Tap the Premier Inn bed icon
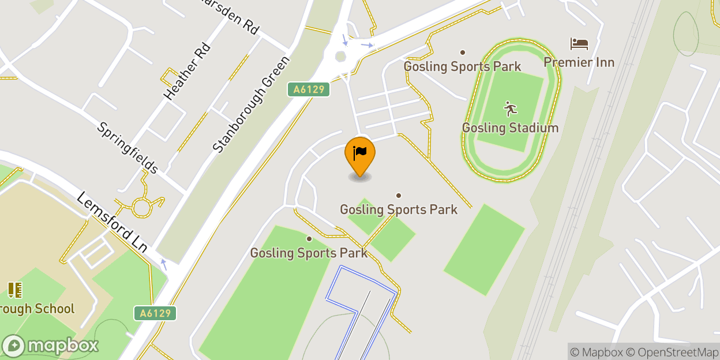click(x=579, y=44)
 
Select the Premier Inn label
click(x=579, y=62)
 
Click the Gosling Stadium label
click(x=510, y=127)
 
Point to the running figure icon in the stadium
click(x=510, y=109)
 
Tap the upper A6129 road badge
click(x=309, y=89)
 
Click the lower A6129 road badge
click(x=155, y=313)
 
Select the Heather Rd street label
click(x=187, y=71)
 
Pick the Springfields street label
click(x=127, y=148)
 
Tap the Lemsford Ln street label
click(x=112, y=222)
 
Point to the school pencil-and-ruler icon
click(x=14, y=290)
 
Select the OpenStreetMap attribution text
click(x=672, y=352)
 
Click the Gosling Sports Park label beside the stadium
click(x=462, y=66)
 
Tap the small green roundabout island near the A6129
click(x=340, y=57)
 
